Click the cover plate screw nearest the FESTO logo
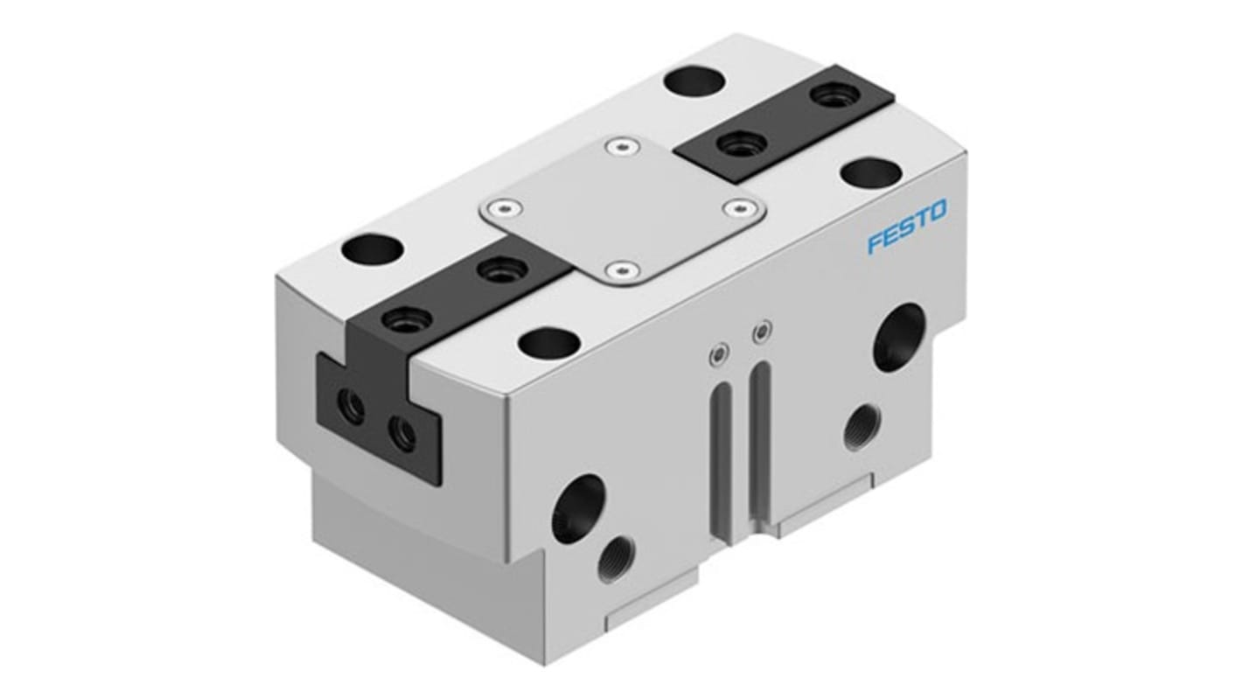(740, 208)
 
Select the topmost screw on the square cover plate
(622, 148)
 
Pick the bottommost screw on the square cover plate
(623, 270)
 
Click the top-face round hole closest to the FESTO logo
(870, 173)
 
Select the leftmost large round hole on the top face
(372, 251)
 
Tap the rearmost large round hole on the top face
(694, 81)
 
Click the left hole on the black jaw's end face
(352, 408)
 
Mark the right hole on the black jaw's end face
(402, 431)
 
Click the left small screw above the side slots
(717, 354)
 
